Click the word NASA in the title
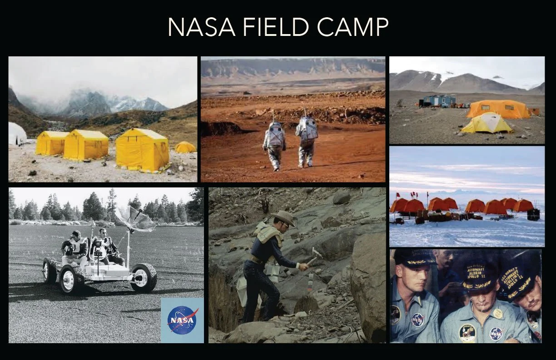(x=201, y=28)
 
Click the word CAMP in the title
(x=353, y=28)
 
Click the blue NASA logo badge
(x=182, y=320)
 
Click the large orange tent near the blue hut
(x=498, y=109)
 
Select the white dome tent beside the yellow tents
(x=17, y=134)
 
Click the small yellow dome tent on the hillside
(x=185, y=147)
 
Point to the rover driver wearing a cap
(x=75, y=248)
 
